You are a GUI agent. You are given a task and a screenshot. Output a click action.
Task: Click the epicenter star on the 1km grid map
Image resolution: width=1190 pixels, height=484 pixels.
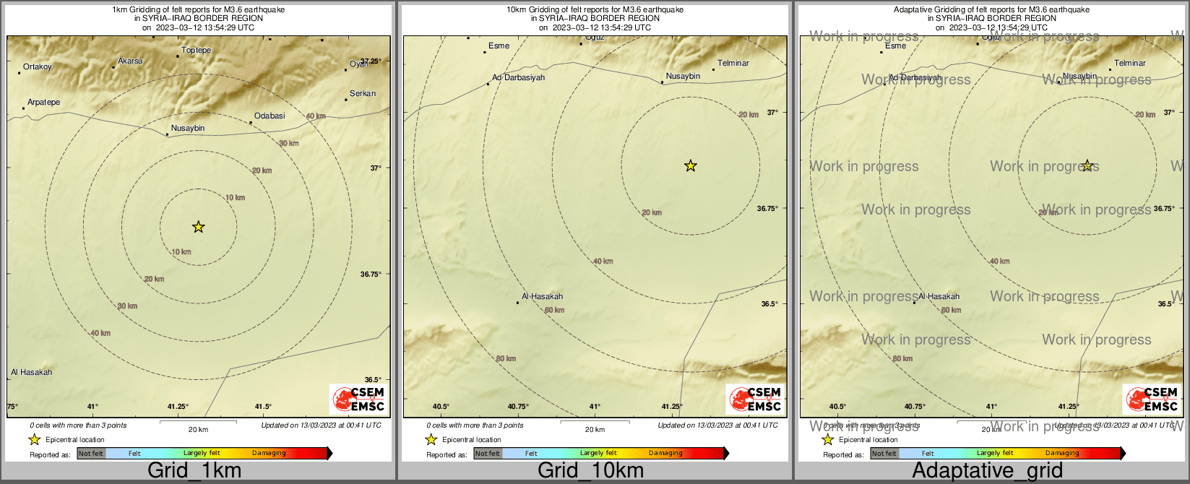click(199, 227)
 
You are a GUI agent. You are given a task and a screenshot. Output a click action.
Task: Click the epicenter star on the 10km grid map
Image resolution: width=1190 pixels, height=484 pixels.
click(690, 166)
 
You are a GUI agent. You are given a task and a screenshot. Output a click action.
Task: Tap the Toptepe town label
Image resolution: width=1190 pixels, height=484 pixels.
click(197, 51)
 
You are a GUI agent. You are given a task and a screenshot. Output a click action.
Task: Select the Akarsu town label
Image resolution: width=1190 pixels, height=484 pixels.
click(130, 61)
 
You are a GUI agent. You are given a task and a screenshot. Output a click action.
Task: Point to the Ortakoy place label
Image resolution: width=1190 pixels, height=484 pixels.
click(38, 67)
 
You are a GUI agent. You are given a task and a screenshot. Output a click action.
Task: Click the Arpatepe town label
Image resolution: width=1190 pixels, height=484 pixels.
click(44, 103)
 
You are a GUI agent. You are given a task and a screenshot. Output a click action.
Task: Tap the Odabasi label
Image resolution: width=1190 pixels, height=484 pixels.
click(270, 116)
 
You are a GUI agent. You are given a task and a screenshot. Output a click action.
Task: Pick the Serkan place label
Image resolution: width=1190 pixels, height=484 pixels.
click(363, 94)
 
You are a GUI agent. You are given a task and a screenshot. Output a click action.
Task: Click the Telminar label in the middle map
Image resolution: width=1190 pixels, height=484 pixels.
click(733, 64)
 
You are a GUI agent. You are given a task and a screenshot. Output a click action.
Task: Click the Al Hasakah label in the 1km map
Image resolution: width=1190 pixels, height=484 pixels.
click(32, 373)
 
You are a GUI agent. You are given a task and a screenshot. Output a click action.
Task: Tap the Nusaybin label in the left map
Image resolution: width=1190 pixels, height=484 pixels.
click(188, 129)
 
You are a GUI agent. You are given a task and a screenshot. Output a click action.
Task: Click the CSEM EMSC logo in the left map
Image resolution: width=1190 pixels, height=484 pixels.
click(358, 399)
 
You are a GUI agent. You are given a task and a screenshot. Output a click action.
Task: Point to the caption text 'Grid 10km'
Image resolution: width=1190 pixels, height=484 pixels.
click(590, 471)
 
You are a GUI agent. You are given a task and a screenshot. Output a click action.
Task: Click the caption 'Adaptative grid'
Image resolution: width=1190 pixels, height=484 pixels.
click(987, 471)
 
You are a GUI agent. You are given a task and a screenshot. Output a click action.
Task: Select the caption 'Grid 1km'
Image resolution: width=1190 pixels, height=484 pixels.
click(194, 471)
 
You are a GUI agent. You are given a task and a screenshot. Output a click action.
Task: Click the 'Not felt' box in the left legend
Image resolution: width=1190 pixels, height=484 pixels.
click(91, 454)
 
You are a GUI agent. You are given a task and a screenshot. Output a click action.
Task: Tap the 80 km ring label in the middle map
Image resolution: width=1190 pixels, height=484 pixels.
click(506, 359)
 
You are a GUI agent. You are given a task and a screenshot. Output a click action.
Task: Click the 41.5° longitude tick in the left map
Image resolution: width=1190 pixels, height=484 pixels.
click(262, 407)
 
